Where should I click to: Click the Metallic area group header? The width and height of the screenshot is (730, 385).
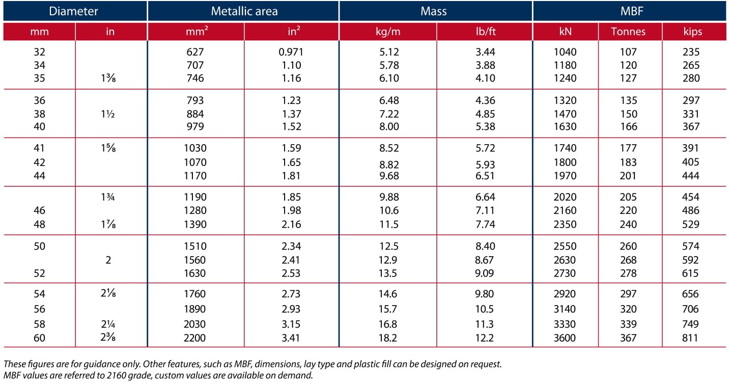244,11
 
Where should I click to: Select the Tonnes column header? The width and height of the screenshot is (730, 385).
628,32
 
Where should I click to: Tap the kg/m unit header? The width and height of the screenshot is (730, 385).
388,32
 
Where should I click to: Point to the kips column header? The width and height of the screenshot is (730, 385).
692,32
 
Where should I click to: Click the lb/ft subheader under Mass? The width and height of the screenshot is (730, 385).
486,31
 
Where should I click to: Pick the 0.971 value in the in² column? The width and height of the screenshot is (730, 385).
291,52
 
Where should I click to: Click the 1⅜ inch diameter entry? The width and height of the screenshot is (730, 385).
108,78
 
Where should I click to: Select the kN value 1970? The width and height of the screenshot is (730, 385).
565,176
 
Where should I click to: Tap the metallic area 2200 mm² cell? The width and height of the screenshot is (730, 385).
194,338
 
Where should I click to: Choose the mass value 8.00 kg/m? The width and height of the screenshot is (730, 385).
389,126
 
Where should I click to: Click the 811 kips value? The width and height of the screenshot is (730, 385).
690,338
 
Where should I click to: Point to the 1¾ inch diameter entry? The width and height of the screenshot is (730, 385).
108,197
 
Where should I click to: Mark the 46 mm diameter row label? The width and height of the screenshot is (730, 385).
39,210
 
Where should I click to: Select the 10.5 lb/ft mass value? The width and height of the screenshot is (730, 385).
484,309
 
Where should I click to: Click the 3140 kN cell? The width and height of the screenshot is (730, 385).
565,309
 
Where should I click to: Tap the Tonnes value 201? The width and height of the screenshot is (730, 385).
628,176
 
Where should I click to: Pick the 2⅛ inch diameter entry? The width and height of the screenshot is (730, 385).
108,293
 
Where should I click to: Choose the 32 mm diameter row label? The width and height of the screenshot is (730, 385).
39,52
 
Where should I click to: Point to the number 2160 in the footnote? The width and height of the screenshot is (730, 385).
117,375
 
